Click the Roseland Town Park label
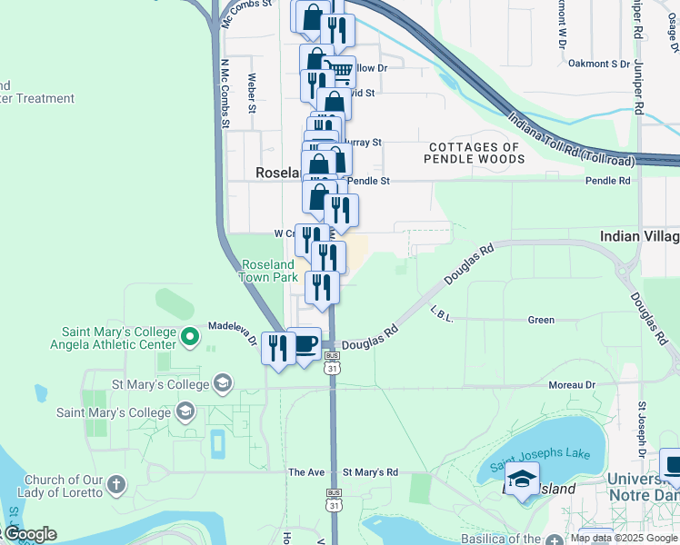click(x=268, y=271)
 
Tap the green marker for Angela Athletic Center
click(x=190, y=338)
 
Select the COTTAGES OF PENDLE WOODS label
click(x=475, y=153)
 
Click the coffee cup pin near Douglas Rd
click(x=305, y=345)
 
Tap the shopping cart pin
click(x=339, y=72)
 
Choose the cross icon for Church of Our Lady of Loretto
click(x=115, y=485)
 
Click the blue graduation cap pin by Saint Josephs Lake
click(x=523, y=479)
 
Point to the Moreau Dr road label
click(x=572, y=385)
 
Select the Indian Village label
click(x=639, y=236)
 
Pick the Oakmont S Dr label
click(x=598, y=64)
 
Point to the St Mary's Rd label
click(x=370, y=472)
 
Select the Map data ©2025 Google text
click(x=624, y=538)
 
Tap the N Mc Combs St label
click(x=225, y=93)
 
